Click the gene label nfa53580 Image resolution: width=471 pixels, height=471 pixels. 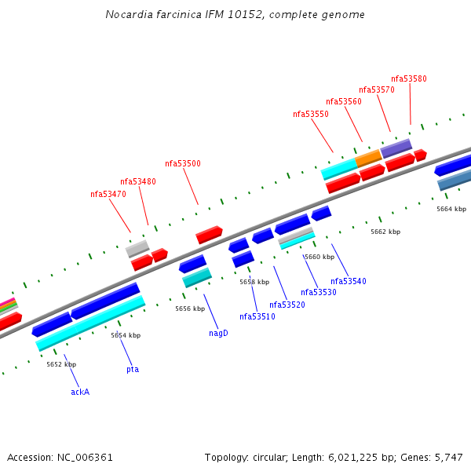click(x=409, y=78)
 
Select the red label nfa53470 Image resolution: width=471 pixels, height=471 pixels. click(x=108, y=194)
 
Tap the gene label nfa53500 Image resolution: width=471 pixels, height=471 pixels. click(x=183, y=164)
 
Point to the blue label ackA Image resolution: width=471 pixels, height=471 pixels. click(x=80, y=392)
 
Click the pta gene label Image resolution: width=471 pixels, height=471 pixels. click(x=133, y=369)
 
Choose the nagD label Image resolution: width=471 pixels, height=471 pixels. click(x=218, y=333)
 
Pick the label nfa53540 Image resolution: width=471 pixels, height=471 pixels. click(x=349, y=281)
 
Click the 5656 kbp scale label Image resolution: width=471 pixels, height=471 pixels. click(x=190, y=309)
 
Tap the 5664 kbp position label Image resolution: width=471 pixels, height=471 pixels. click(x=451, y=209)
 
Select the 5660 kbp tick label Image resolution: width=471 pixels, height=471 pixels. click(x=319, y=257)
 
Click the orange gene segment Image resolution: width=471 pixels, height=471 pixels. click(x=368, y=159)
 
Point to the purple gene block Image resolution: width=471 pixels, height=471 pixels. click(x=396, y=148)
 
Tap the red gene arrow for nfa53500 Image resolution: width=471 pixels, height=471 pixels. click(x=209, y=234)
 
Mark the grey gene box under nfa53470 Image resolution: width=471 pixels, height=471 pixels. click(x=137, y=249)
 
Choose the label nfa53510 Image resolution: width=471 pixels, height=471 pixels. click(x=257, y=316)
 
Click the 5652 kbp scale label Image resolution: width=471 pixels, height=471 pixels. click(x=61, y=364)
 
